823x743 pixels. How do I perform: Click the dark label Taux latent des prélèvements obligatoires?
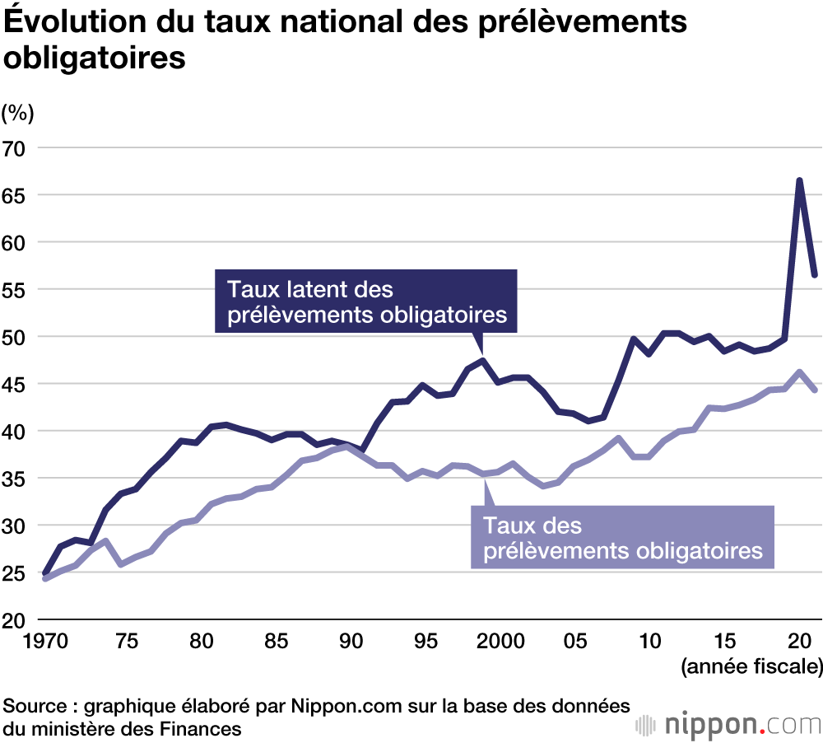[x=366, y=302]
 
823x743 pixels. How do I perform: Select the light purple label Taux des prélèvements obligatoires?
[x=623, y=538]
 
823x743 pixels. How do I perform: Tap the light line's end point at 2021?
[x=814, y=390]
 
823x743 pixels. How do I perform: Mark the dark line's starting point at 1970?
[x=44, y=574]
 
